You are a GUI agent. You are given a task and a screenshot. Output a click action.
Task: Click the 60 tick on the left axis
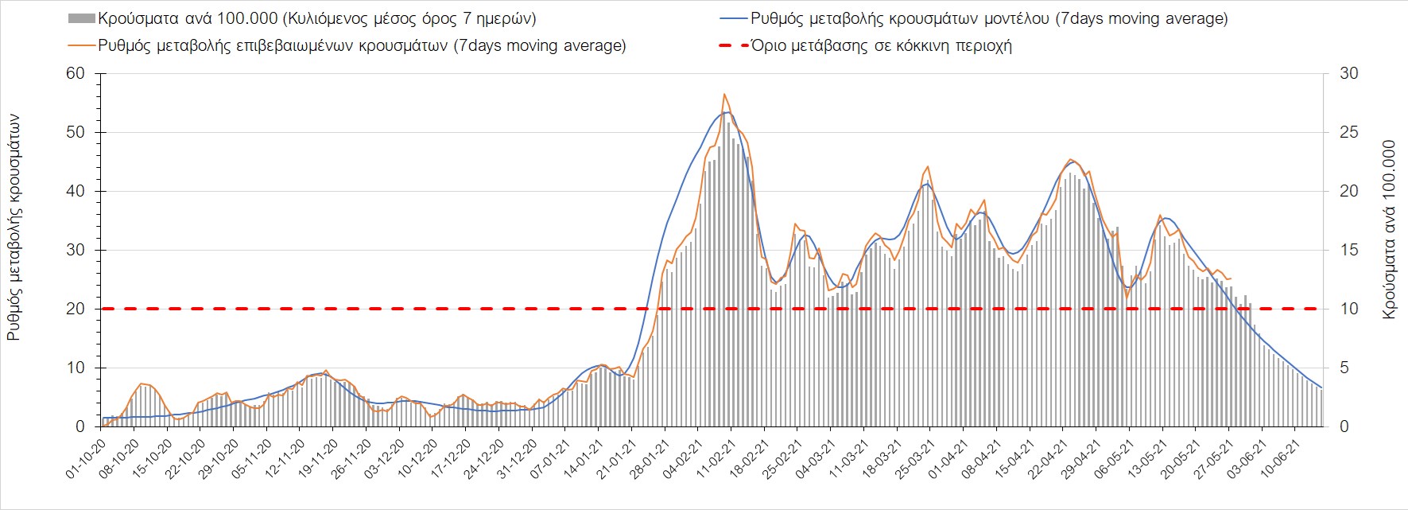pos(75,73)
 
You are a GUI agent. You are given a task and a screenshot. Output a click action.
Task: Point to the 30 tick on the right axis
pos(1349,73)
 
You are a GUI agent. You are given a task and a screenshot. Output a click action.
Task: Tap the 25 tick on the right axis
pos(1349,132)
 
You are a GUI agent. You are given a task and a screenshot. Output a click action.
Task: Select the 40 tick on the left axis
pos(75,191)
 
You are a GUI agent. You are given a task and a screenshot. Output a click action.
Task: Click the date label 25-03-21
pos(915,460)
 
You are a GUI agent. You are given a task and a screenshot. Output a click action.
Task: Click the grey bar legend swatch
pos(82,18)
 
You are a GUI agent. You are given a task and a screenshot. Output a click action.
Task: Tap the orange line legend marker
pos(82,45)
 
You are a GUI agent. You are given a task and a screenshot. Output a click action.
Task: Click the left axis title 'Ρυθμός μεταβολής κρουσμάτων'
pos(14,228)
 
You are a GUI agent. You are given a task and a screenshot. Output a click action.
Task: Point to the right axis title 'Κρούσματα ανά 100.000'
pos(1389,230)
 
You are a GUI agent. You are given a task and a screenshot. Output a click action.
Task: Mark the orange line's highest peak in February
pos(724,94)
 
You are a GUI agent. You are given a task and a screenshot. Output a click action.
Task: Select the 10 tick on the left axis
pos(75,368)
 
